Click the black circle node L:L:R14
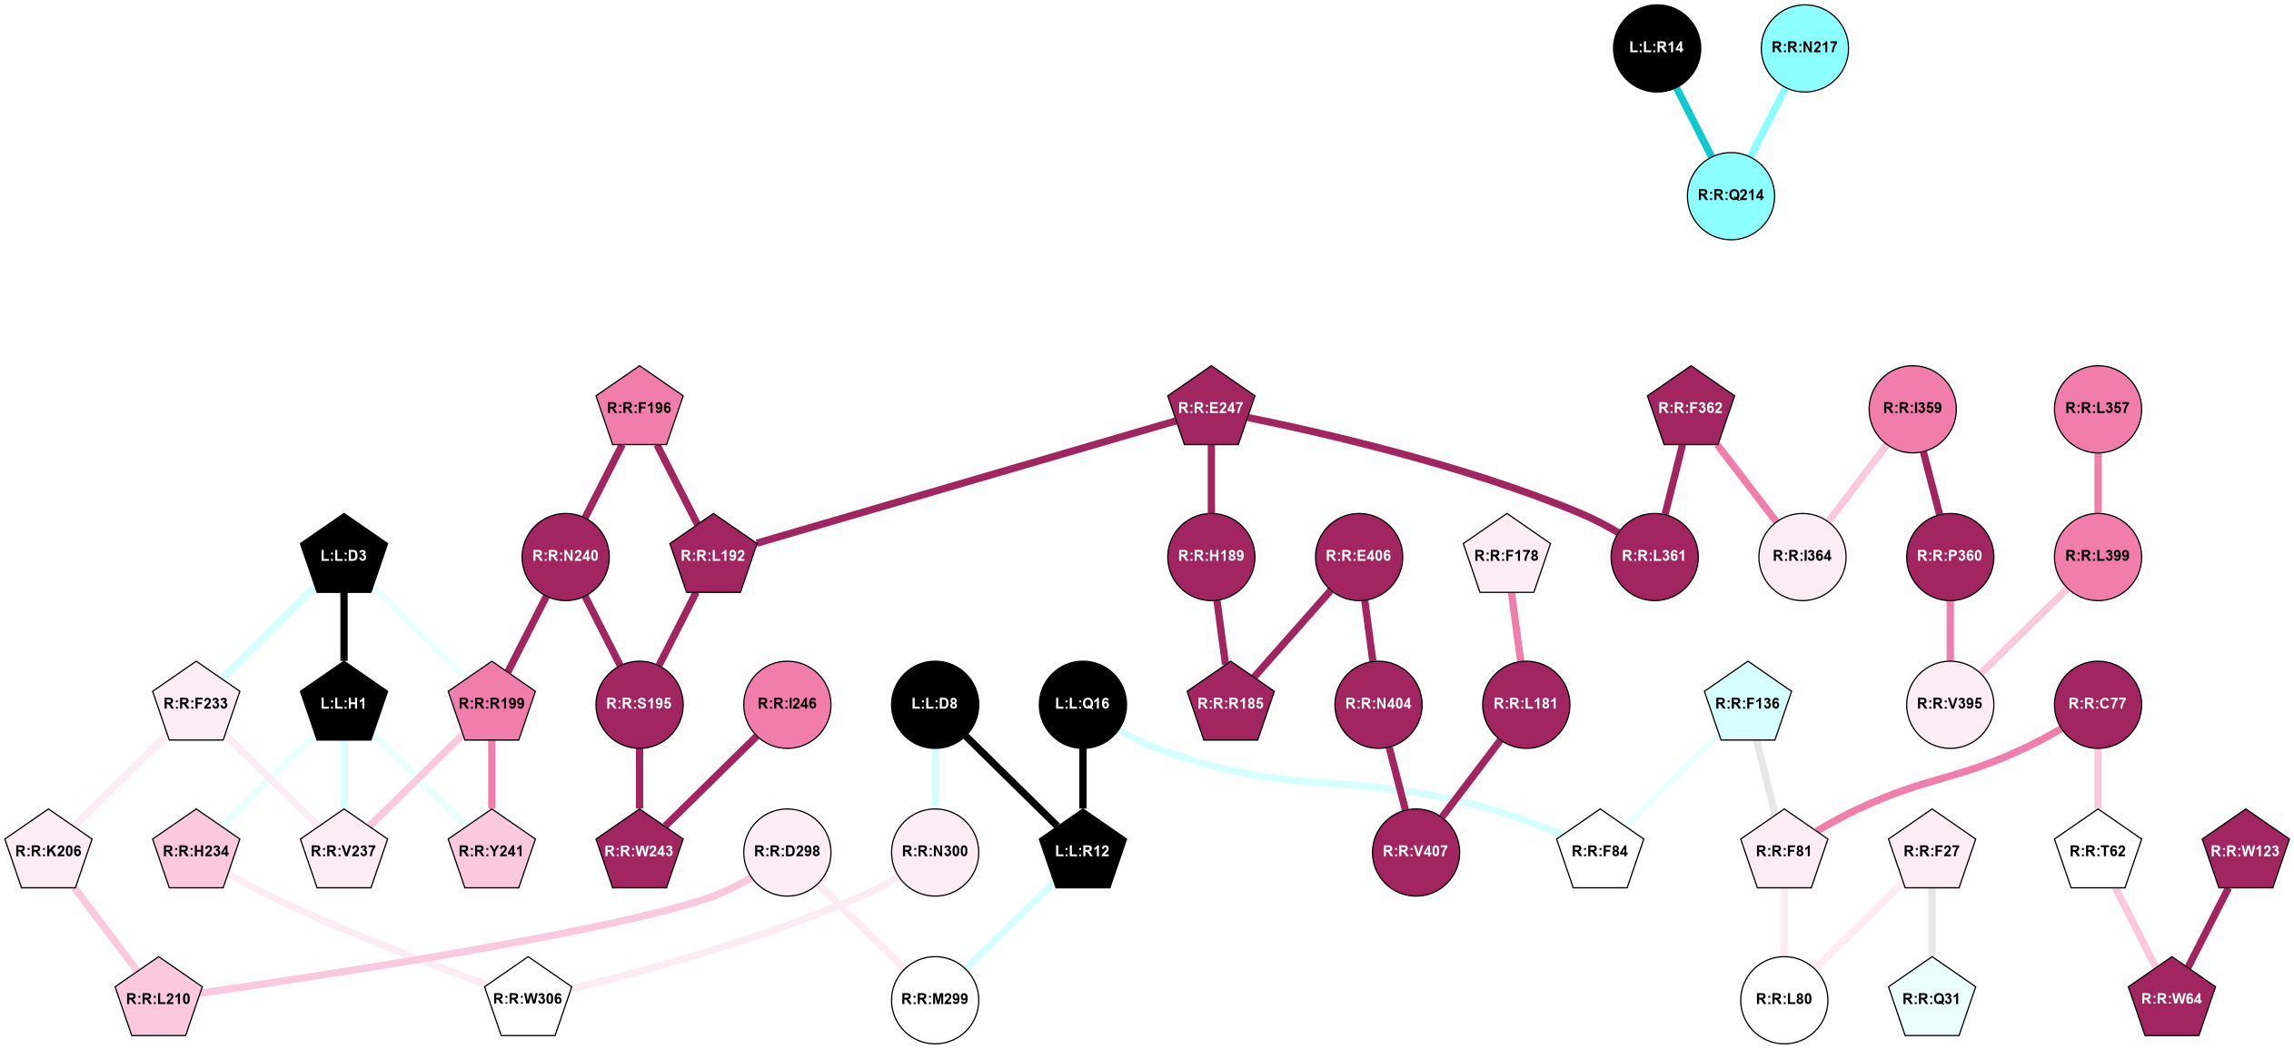point(1656,48)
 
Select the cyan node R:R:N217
point(1804,48)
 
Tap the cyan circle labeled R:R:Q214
point(1731,195)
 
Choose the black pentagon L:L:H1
point(344,704)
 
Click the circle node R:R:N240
point(565,556)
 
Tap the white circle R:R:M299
point(935,999)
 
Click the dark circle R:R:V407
point(1415,851)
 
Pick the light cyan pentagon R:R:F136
point(1747,704)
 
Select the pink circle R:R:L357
point(2097,408)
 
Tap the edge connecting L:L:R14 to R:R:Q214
point(1693,122)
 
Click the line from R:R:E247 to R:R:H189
point(1210,480)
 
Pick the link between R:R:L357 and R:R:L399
point(2097,482)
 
